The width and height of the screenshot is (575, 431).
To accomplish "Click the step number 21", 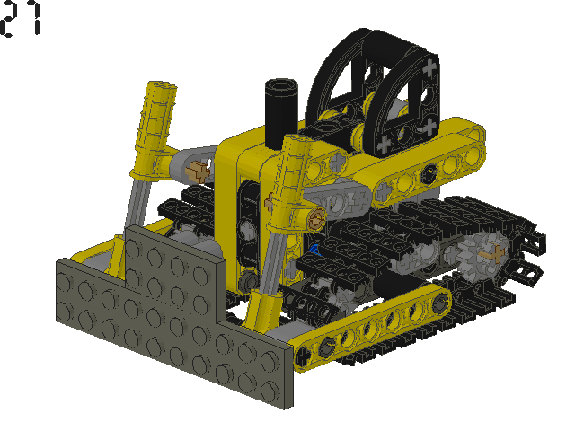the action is click(x=21, y=18).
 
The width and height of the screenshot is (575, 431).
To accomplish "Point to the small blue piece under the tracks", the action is click(x=314, y=251).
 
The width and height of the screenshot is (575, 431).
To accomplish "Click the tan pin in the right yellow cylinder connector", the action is click(x=316, y=219).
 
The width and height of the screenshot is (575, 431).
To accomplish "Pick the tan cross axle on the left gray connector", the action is click(x=199, y=172).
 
